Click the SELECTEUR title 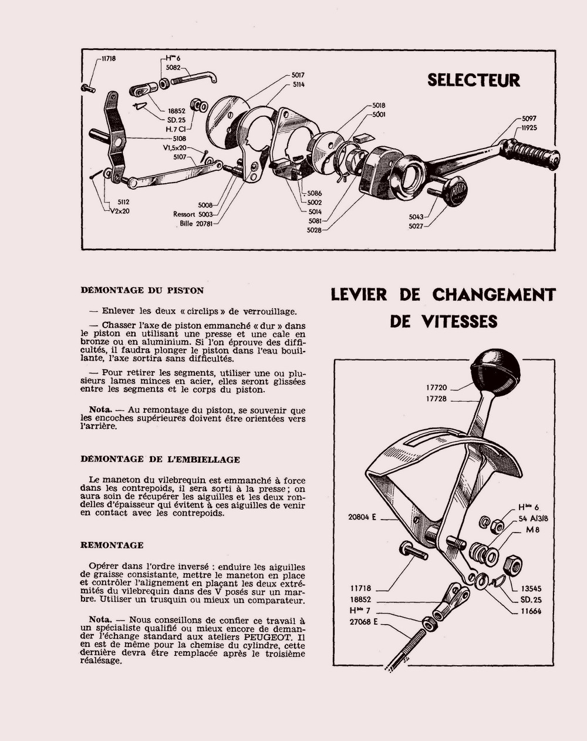click(x=474, y=80)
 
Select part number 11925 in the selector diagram click(x=528, y=127)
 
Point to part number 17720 click(x=437, y=388)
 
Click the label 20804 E click(x=362, y=517)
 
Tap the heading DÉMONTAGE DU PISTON click(x=142, y=290)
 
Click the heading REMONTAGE click(x=112, y=545)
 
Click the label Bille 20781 click(x=196, y=223)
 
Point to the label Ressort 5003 click(x=193, y=214)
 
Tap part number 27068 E click(x=363, y=621)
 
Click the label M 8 click(x=532, y=529)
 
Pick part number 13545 click(x=530, y=588)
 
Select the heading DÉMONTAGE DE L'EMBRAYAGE click(x=160, y=459)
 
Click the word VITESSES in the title click(x=443, y=322)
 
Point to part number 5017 click(x=298, y=75)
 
